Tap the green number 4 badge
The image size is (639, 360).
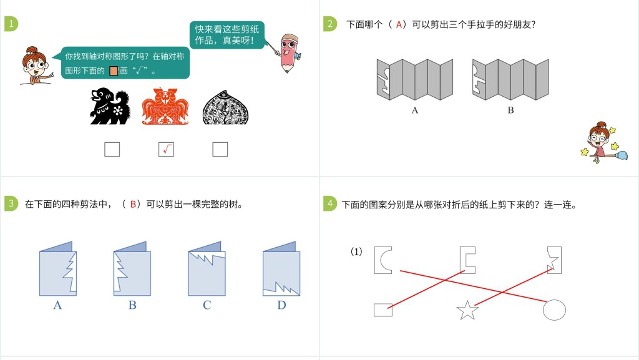pos(329,204)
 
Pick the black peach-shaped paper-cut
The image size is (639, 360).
pos(221,107)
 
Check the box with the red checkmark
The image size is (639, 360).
pos(166,149)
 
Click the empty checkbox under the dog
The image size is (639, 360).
pos(112,149)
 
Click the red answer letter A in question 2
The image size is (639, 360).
pos(400,25)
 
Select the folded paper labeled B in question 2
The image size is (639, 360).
pos(510,79)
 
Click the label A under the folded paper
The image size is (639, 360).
pos(415,110)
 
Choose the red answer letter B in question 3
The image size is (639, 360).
pos(133,204)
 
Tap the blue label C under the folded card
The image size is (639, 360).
pos(207,305)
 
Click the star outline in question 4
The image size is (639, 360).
pos(467,310)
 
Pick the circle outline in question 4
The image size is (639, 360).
pos(554,309)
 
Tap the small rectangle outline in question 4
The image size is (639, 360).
pos(383,309)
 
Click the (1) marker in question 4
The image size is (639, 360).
pos(356,252)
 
